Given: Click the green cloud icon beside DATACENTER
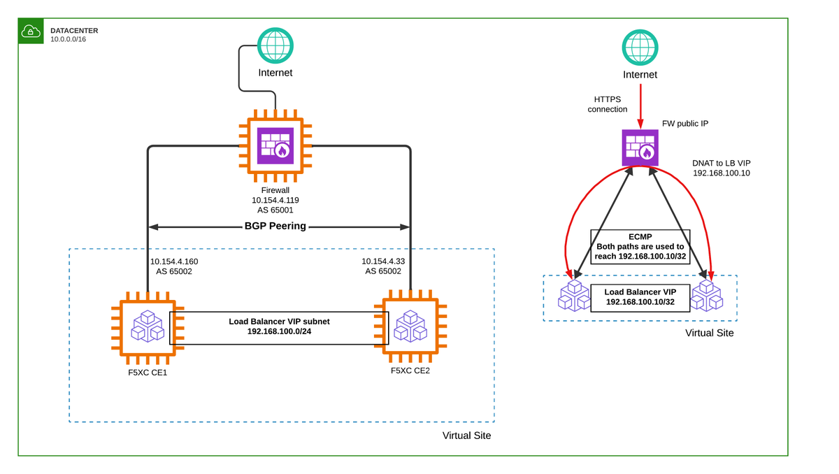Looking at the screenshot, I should pyautogui.click(x=31, y=31).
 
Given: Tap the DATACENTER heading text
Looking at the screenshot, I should pyautogui.click(x=74, y=31).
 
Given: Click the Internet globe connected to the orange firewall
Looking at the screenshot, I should pyautogui.click(x=275, y=45).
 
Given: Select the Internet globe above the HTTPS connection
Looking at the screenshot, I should pyautogui.click(x=640, y=48).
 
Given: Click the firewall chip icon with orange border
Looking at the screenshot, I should pyautogui.click(x=275, y=145).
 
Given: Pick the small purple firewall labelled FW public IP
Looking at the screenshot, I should pyautogui.click(x=640, y=148).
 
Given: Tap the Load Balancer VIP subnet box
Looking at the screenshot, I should pyautogui.click(x=279, y=326).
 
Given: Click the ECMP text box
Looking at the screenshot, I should pyautogui.click(x=640, y=246).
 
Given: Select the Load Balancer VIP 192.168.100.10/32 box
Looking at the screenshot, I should pyautogui.click(x=640, y=297).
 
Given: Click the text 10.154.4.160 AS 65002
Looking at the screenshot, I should pyautogui.click(x=174, y=266).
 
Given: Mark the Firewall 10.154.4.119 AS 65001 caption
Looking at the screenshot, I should pyautogui.click(x=275, y=200).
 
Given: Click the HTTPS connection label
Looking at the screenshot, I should pyautogui.click(x=607, y=104).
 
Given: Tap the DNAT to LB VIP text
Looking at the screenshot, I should pyautogui.click(x=721, y=168).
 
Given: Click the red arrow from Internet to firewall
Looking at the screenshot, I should pyautogui.click(x=640, y=104).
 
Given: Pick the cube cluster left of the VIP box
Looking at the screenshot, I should pyautogui.click(x=573, y=296).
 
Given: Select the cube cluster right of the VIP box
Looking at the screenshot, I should pyautogui.click(x=706, y=296).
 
